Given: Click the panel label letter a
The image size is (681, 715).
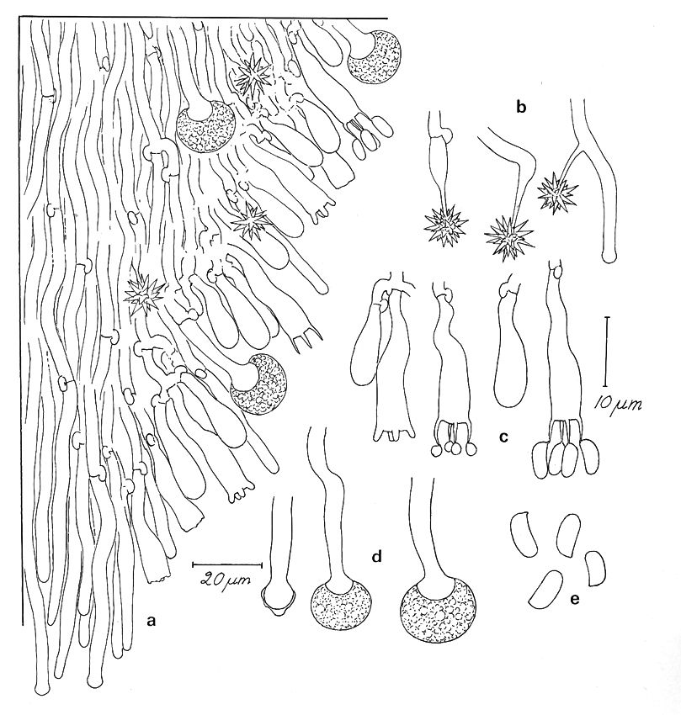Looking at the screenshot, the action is (151, 620).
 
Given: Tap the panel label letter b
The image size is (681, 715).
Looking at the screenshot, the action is (521, 107).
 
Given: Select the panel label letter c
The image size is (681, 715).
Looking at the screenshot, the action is (503, 437).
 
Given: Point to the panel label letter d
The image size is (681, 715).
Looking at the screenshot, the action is (377, 556).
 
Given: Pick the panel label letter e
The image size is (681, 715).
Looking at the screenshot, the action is (575, 599).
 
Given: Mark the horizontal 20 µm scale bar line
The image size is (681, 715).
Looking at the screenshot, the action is (227, 565).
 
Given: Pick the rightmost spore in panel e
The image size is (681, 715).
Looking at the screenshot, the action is (596, 568).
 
